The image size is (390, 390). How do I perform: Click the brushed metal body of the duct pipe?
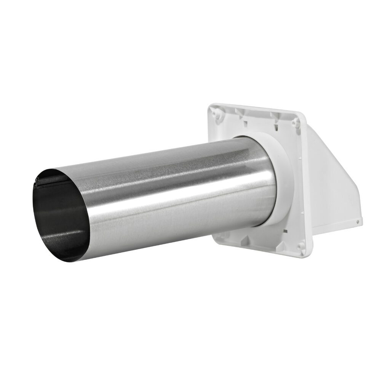(171, 190)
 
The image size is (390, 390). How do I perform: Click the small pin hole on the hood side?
(358, 221)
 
